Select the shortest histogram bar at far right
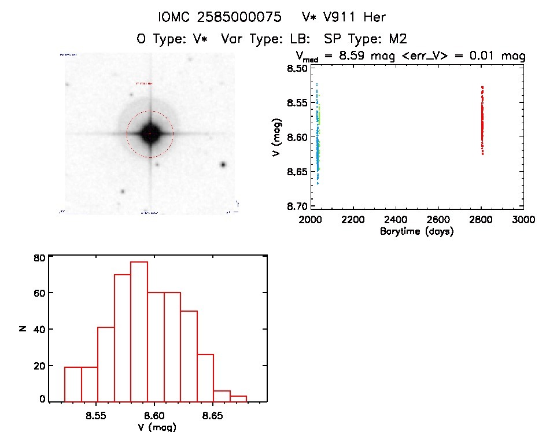(239, 398)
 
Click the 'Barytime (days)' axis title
(416, 231)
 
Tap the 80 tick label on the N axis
(38, 257)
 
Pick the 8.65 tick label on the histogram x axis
(213, 415)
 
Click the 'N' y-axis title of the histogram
(22, 329)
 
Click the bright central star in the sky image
(150, 133)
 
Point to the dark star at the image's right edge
(223, 165)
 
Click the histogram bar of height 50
(189, 355)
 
